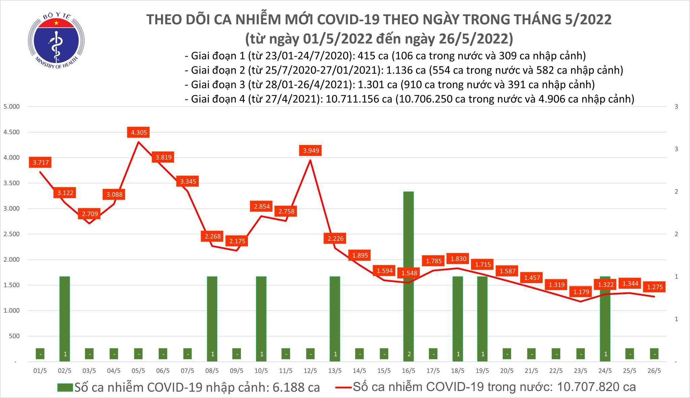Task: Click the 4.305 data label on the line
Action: pyautogui.click(x=139, y=133)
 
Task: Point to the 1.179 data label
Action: pyautogui.click(x=581, y=292)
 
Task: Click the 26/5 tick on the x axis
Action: pyautogui.click(x=654, y=371)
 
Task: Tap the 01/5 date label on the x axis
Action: pyautogui.click(x=40, y=371)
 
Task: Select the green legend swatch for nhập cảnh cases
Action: pyautogui.click(x=65, y=387)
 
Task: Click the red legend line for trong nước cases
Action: pyautogui.click(x=344, y=387)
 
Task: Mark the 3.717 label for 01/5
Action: pyautogui.click(x=41, y=163)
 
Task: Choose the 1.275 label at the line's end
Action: pyautogui.click(x=655, y=287)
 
